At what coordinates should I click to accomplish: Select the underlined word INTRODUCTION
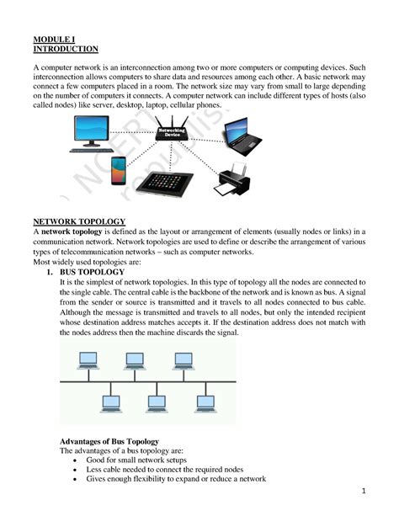pos(65,50)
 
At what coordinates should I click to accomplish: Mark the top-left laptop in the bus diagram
pos(87,359)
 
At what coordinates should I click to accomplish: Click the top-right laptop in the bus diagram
pos(183,359)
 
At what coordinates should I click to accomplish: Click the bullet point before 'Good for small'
pos(78,460)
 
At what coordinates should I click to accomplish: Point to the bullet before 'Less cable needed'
pos(78,470)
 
